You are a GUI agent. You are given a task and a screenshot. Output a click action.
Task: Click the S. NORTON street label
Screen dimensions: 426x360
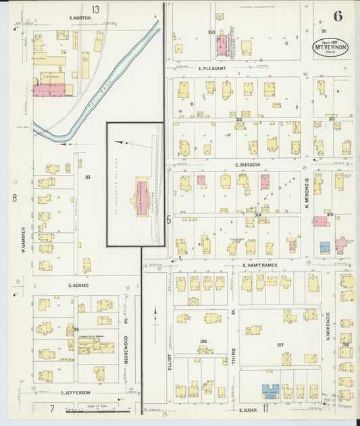point(80,19)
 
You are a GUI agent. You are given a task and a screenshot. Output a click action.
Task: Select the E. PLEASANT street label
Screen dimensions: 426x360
point(211,68)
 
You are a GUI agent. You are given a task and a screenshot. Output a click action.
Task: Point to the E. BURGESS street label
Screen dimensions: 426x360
point(247,164)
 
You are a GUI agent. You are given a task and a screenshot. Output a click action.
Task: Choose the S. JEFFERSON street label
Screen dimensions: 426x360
point(76,392)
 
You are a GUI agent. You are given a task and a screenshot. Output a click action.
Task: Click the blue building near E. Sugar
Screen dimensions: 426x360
point(270,390)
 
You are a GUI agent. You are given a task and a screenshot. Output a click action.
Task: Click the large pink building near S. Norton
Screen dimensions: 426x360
point(49,89)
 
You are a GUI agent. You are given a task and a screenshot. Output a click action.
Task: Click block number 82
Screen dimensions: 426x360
point(88,177)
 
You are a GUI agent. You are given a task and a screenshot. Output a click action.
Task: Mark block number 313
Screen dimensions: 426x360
point(239,119)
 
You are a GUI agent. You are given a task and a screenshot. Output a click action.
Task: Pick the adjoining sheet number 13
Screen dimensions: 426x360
point(96,9)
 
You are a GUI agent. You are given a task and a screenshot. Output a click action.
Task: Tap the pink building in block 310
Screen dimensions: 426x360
point(221,45)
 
